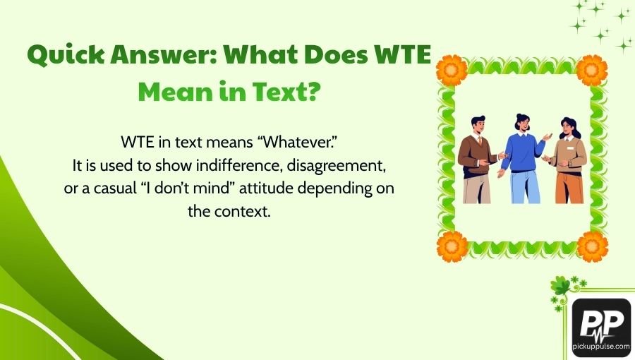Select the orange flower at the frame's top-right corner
click(592, 69)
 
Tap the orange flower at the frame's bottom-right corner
click(592, 246)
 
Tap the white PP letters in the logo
click(601, 323)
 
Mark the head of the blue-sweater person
click(521, 122)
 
